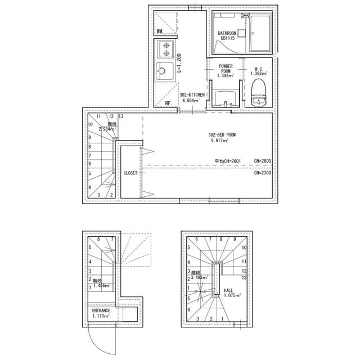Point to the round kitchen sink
tap(165, 72)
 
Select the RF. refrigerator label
tap(168, 103)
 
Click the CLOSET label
tap(130, 173)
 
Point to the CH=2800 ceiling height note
tap(262, 161)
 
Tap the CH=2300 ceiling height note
tap(262, 173)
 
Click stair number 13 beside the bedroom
tap(121, 116)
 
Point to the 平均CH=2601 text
tap(228, 161)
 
